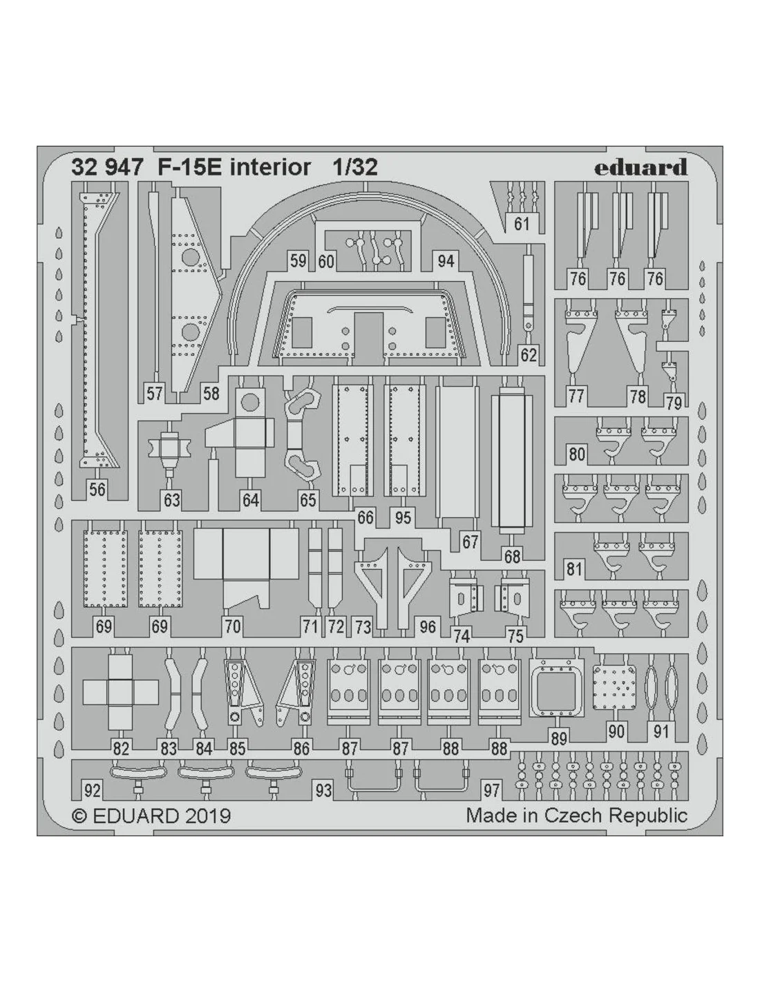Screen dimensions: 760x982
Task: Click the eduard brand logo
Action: pyautogui.click(x=640, y=167)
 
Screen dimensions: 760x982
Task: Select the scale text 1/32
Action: pyautogui.click(x=355, y=168)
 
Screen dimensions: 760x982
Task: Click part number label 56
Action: pyautogui.click(x=97, y=490)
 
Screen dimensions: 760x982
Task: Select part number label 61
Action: pyautogui.click(x=522, y=224)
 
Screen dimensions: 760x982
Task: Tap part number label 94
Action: pyautogui.click(x=446, y=261)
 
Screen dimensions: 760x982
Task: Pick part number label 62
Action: pyautogui.click(x=529, y=355)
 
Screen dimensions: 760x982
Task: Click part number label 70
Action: pyautogui.click(x=232, y=627)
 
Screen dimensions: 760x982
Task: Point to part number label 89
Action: pyautogui.click(x=559, y=738)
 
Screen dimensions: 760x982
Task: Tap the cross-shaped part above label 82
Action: pyautogui.click(x=121, y=693)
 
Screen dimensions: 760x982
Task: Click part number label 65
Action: pyautogui.click(x=308, y=500)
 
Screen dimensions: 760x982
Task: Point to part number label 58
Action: pyautogui.click(x=211, y=394)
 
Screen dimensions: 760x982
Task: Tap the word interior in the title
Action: pyautogui.click(x=270, y=168)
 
